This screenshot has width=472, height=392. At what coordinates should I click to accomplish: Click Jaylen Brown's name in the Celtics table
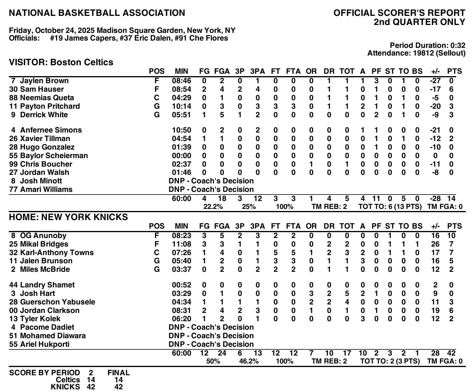point(44,81)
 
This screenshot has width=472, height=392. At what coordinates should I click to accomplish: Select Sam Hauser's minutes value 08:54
point(181,89)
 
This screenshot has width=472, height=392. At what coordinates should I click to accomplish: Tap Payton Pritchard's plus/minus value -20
point(435,106)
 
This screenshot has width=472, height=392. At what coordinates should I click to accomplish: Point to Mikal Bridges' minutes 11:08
point(181,244)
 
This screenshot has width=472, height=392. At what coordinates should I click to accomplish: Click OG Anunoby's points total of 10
point(451,236)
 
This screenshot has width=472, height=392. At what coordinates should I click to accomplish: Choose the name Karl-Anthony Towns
point(57,253)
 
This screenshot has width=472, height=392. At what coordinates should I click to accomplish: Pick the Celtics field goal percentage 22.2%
point(213,207)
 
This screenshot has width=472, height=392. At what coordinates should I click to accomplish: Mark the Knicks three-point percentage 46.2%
point(249,361)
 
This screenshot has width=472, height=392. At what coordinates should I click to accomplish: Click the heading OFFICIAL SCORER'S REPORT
point(399,13)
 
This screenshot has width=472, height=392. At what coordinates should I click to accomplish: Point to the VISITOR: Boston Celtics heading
point(61,62)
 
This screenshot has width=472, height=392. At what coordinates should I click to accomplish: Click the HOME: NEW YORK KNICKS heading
point(68,217)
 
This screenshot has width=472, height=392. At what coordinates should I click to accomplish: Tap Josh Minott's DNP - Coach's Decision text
point(211,181)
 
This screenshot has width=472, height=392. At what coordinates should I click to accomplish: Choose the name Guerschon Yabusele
point(58,302)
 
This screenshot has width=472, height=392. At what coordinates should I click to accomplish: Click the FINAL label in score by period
point(119,373)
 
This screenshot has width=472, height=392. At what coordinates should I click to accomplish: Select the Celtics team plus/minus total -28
point(435,199)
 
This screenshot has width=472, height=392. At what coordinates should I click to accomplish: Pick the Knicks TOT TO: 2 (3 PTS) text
point(390,361)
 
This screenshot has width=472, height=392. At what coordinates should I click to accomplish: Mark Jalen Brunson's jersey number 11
point(13,261)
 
